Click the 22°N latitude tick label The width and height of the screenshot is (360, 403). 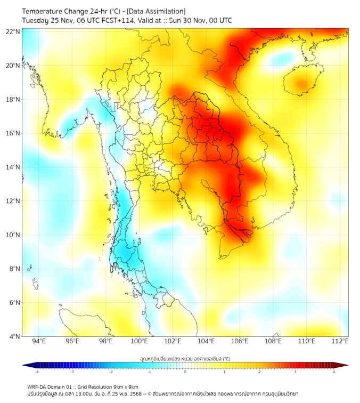[x=13, y=31]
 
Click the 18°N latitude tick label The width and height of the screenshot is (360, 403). [x=13, y=99]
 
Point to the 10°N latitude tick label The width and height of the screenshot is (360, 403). [x=13, y=235]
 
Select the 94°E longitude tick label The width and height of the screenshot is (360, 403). [x=39, y=341]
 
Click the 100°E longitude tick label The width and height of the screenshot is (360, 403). [x=139, y=341]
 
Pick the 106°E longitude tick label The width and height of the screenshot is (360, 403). [x=240, y=341]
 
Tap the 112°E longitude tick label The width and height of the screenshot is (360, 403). [x=340, y=341]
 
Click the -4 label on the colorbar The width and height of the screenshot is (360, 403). [x=37, y=372]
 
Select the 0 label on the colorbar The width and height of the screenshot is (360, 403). [x=185, y=372]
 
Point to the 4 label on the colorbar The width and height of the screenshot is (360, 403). [x=333, y=372]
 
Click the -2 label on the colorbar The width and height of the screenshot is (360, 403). [x=111, y=372]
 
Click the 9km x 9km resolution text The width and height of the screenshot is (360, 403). [x=124, y=386]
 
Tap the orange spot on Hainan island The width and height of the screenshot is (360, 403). [x=302, y=84]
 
